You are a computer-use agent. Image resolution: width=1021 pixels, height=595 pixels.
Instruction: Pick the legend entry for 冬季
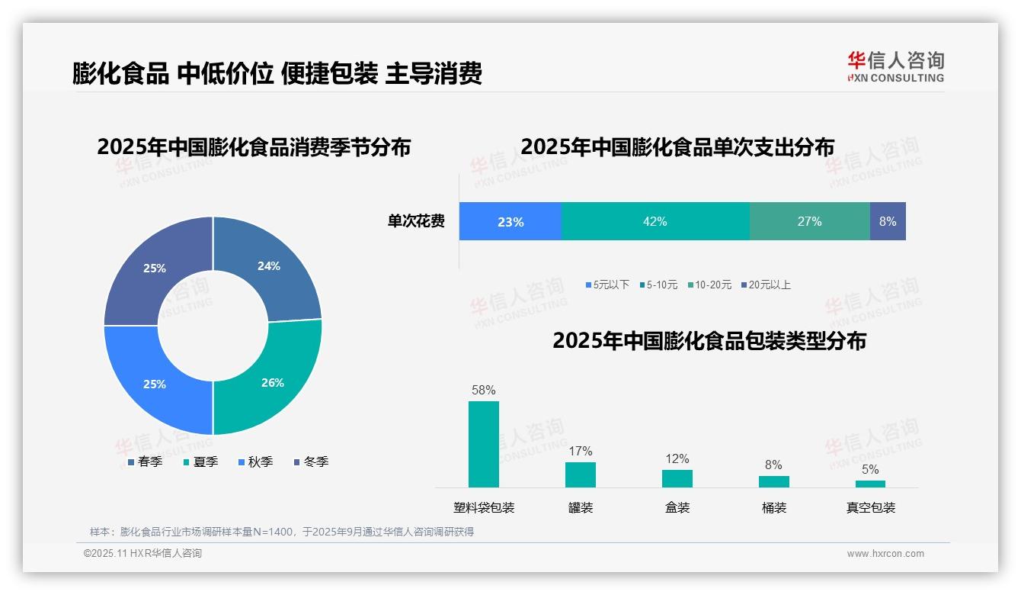click(x=311, y=462)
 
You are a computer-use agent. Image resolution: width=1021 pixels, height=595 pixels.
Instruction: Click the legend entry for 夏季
click(x=200, y=462)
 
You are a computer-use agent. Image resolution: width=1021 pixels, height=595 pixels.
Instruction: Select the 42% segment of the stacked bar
click(x=655, y=221)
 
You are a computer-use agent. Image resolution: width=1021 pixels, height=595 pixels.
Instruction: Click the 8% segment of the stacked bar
click(x=888, y=221)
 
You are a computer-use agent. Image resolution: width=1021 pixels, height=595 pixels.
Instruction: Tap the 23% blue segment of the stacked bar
click(x=510, y=221)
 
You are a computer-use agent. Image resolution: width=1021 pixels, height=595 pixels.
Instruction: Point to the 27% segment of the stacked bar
click(x=809, y=221)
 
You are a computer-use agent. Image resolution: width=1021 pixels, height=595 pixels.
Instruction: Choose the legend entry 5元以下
click(x=607, y=285)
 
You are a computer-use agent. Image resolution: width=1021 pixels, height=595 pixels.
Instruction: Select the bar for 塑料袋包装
click(x=484, y=444)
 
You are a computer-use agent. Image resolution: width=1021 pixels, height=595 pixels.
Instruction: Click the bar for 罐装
click(x=581, y=474)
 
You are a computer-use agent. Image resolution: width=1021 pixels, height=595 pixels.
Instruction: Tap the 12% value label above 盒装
click(x=677, y=458)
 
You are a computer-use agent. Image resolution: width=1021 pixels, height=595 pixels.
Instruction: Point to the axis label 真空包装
click(x=871, y=507)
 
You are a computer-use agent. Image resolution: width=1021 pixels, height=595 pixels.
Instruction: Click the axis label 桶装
click(x=774, y=507)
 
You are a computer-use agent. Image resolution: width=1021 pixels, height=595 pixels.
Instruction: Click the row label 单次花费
click(x=416, y=221)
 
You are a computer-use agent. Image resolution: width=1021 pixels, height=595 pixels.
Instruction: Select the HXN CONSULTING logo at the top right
click(x=896, y=67)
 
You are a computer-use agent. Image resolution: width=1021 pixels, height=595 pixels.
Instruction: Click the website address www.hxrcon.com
click(x=885, y=554)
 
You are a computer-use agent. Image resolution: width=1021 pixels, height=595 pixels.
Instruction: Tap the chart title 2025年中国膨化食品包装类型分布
click(x=709, y=340)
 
